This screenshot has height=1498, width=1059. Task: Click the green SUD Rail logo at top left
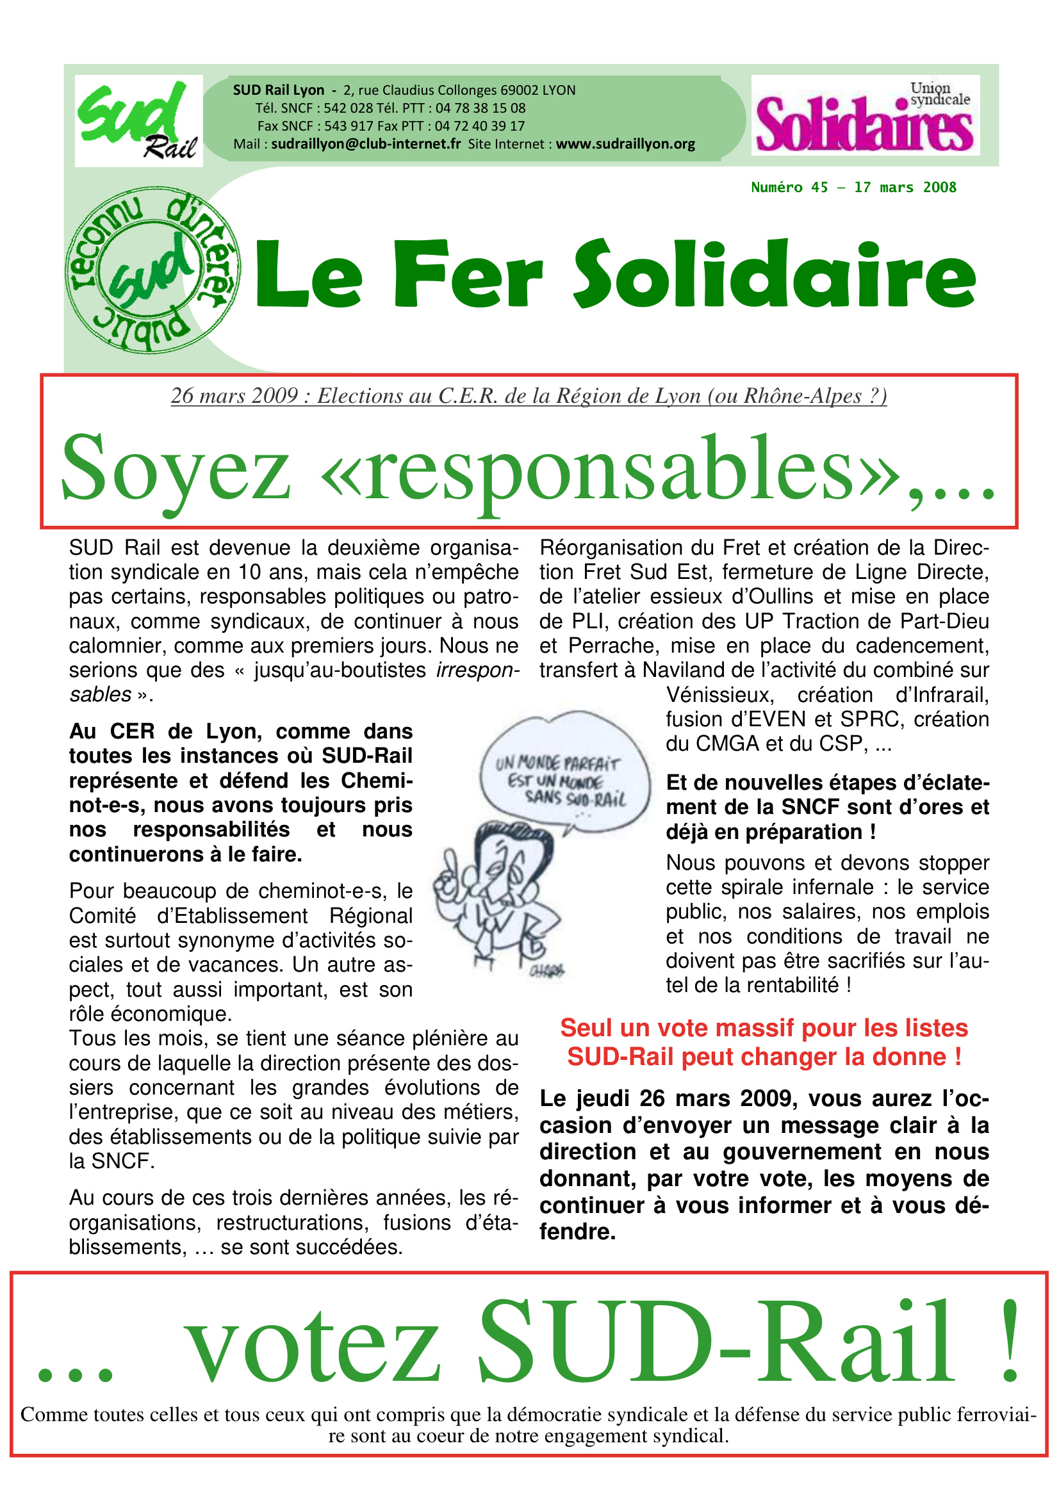click(138, 120)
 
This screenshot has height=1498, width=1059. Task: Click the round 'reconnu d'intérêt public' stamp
click(153, 270)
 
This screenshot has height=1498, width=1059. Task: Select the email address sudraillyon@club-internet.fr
click(365, 144)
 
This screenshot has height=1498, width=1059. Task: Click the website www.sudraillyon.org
click(625, 144)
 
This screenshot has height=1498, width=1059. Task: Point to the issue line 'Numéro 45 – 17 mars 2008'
click(853, 188)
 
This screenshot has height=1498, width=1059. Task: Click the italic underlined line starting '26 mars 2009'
click(529, 396)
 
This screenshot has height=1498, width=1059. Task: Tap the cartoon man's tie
click(486, 933)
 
